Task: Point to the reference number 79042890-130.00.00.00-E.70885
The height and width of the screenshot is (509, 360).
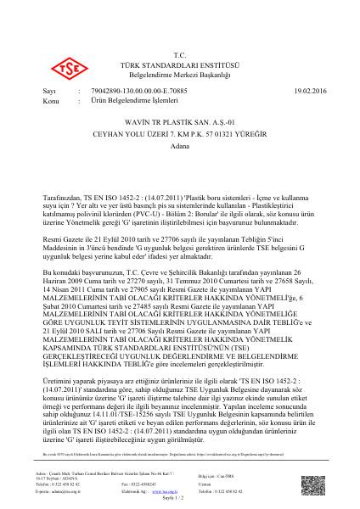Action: (x=130, y=89)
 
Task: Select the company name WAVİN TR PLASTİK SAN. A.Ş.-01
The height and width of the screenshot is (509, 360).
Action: (x=179, y=122)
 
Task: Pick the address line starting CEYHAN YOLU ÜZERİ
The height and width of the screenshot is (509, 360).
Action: (x=180, y=134)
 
